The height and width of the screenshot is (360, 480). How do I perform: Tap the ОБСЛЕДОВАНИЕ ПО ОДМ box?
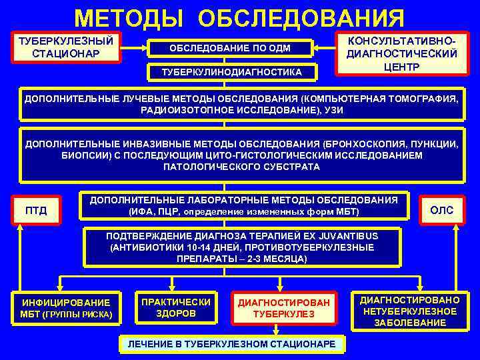point(229,48)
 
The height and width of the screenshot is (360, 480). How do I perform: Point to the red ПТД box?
point(37,211)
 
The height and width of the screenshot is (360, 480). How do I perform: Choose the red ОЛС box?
point(441,211)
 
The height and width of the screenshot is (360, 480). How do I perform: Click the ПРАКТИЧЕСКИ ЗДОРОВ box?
point(176,307)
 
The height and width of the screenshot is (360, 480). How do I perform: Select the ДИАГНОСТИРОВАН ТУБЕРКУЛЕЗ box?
point(283,308)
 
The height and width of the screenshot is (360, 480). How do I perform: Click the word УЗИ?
point(332,110)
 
